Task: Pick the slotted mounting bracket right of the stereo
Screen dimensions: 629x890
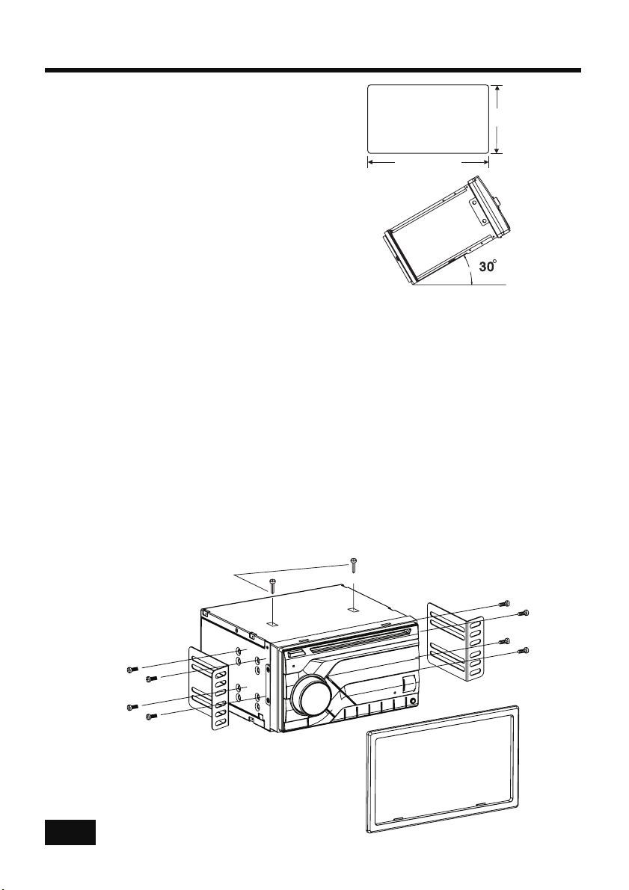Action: coord(455,643)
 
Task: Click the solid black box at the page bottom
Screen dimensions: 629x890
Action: coord(70,832)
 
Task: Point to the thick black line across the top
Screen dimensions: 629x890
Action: coord(313,70)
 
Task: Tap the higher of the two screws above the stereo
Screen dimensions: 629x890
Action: coord(354,565)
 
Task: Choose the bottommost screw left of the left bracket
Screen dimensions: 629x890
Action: coord(150,717)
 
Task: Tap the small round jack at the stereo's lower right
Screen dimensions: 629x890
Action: coord(411,702)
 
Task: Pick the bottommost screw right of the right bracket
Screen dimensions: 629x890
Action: coord(525,650)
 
